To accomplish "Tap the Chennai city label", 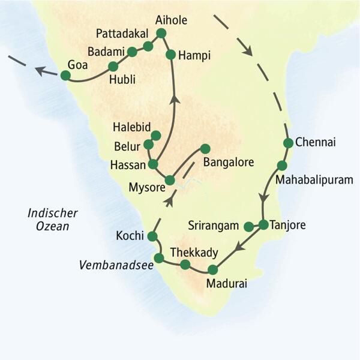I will pos(316,143).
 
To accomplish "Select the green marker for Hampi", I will pos(170,55).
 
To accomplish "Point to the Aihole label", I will pos(170,20).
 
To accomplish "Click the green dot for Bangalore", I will pos(205,149).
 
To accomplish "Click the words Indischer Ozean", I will pos(49,220).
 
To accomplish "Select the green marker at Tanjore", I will pos(263,225).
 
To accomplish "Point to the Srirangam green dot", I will pos(248,226).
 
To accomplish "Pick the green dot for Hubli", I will pos(112,67).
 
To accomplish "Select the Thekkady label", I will pos(194,252).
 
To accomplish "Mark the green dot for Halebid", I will pos(156,136).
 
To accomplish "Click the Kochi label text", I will pos(129,236).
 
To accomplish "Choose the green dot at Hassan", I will pos(153,164).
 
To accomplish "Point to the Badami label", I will pos(105,50).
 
